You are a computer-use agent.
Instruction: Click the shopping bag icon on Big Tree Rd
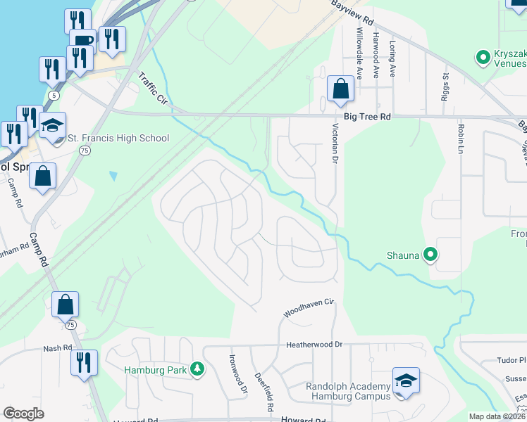click(x=340, y=89)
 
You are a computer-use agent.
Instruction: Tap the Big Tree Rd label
click(x=366, y=119)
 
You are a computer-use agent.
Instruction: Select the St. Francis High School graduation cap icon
click(x=52, y=126)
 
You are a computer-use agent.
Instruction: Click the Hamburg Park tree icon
click(x=199, y=369)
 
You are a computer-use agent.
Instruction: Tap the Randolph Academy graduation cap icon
click(x=406, y=381)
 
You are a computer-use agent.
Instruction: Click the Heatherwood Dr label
click(x=314, y=345)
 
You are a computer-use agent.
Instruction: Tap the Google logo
click(x=23, y=414)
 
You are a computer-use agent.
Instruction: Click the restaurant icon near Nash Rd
click(x=83, y=363)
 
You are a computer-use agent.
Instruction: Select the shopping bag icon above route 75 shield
click(x=65, y=305)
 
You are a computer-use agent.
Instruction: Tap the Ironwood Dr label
click(x=239, y=373)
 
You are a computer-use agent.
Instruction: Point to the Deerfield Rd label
click(x=264, y=392)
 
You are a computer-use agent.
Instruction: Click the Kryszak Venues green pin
click(x=483, y=56)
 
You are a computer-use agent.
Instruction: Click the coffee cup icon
click(x=82, y=40)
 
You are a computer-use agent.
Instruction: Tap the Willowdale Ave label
click(x=359, y=43)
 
